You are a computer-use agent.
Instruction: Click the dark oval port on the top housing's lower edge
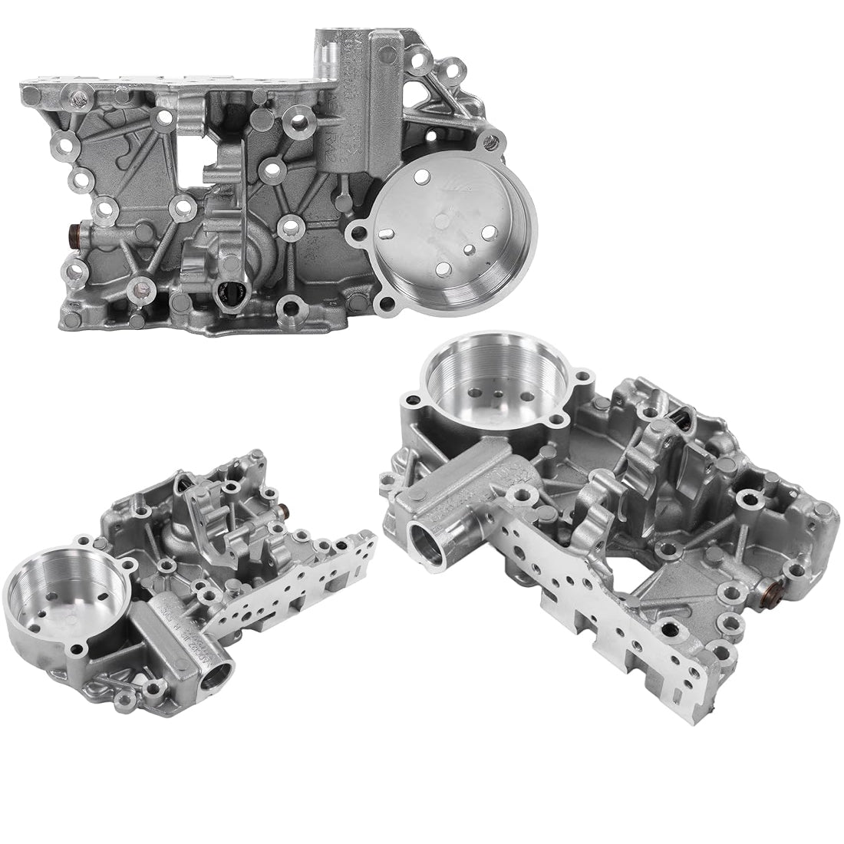pyautogui.click(x=230, y=291)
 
